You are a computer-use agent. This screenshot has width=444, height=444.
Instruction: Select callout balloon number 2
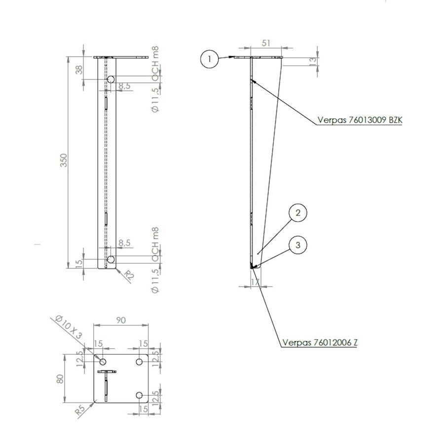pos(297,213)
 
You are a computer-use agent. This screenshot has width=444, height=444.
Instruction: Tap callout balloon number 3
pos(297,245)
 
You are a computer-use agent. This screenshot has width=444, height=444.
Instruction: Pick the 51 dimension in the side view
pos(266,43)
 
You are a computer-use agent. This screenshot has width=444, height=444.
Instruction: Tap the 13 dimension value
pos(312,61)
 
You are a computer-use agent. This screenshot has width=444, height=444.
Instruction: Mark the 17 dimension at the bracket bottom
pos(255,283)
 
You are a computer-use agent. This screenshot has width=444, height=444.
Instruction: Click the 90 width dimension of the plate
pos(120,320)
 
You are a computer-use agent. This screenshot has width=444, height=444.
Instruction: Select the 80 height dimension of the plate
pos(60,378)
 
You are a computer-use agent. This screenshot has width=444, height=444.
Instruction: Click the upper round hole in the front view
pos(111,79)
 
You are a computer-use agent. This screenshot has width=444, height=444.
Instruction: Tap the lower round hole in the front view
pos(111,259)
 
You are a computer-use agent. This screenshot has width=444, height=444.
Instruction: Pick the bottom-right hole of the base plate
pos(140,395)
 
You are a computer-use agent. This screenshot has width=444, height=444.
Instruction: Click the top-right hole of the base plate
pos(140,362)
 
